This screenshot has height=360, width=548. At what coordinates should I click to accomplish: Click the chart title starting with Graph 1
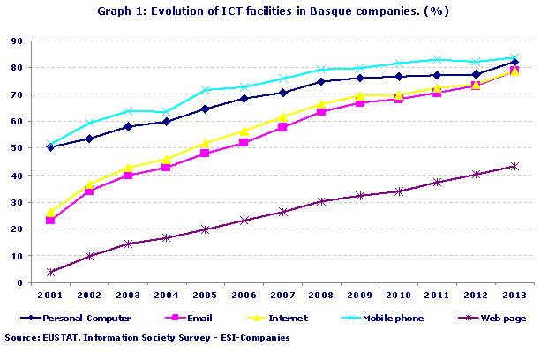274,11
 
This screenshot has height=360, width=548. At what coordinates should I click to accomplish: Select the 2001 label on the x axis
49,295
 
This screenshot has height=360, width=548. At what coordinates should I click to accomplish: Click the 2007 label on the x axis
282,295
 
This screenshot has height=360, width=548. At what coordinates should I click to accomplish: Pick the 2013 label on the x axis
514,295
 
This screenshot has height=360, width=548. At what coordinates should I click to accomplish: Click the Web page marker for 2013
514,166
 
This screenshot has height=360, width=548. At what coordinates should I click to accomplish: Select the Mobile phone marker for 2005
205,90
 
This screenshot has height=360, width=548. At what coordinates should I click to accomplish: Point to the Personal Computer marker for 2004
166,122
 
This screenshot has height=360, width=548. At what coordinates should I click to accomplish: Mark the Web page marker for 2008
320,201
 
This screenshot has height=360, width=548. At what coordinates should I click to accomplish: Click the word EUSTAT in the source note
61,338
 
